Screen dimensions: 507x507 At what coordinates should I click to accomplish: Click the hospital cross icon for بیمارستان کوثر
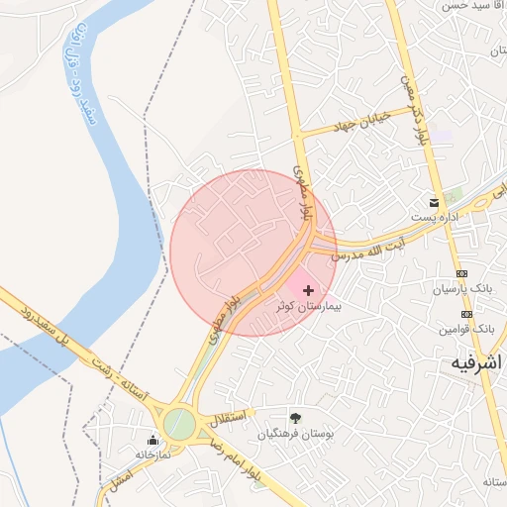click(309, 290)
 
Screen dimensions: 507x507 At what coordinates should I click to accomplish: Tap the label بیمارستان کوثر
click(309, 308)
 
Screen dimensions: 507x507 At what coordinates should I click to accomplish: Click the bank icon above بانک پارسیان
click(461, 273)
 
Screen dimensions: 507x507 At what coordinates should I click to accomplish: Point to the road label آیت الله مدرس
click(369, 250)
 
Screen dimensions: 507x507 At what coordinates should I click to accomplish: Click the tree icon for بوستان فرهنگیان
click(295, 418)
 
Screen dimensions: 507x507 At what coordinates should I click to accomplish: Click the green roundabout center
click(179, 424)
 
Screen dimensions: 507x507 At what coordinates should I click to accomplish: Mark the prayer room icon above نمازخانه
click(152, 440)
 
